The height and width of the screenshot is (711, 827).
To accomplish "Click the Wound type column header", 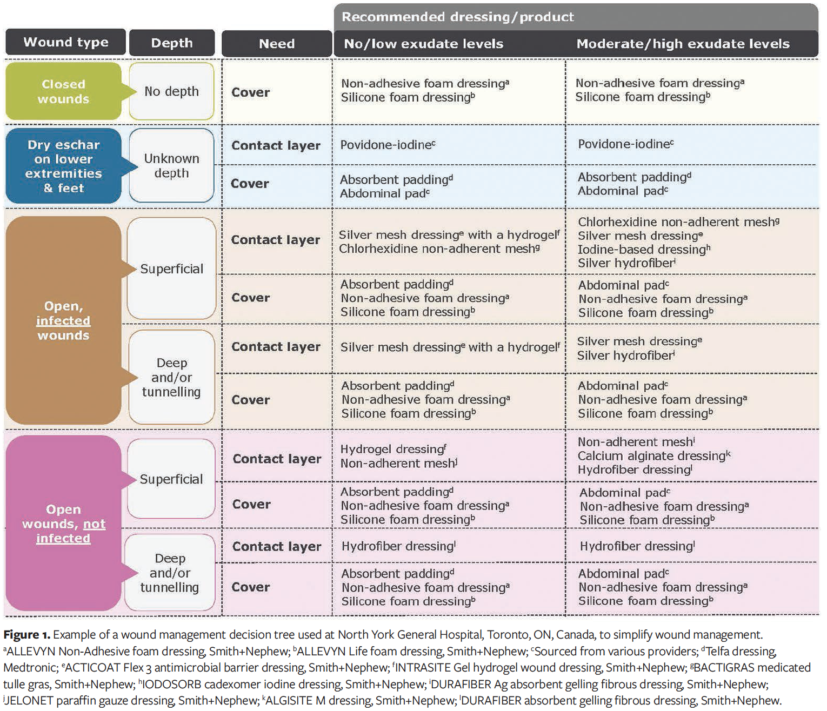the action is (x=65, y=43).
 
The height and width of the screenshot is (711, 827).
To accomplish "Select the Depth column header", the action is (x=172, y=43).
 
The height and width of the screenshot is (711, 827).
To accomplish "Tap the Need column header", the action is (x=277, y=44).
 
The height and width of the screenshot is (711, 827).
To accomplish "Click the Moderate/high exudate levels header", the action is (x=683, y=44).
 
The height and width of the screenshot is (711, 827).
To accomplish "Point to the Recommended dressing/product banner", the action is (x=457, y=17).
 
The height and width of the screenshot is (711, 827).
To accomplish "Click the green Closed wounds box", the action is (x=63, y=91).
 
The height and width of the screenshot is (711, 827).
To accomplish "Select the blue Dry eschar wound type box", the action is (x=63, y=166).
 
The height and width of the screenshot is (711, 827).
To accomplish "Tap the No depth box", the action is (x=171, y=91).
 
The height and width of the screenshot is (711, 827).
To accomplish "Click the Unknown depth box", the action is (x=171, y=166).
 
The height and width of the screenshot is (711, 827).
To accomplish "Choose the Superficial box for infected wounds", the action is (x=171, y=269).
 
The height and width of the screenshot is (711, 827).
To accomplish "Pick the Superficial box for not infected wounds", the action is (x=171, y=479).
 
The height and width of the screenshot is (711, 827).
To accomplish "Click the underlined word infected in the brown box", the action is (x=63, y=320).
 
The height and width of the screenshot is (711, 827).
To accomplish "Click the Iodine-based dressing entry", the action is (x=644, y=250).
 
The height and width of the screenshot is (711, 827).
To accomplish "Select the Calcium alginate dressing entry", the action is (x=653, y=456).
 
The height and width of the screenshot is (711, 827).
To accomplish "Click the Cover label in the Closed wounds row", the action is (x=250, y=92).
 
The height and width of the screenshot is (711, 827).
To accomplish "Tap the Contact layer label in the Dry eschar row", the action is (x=276, y=145).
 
